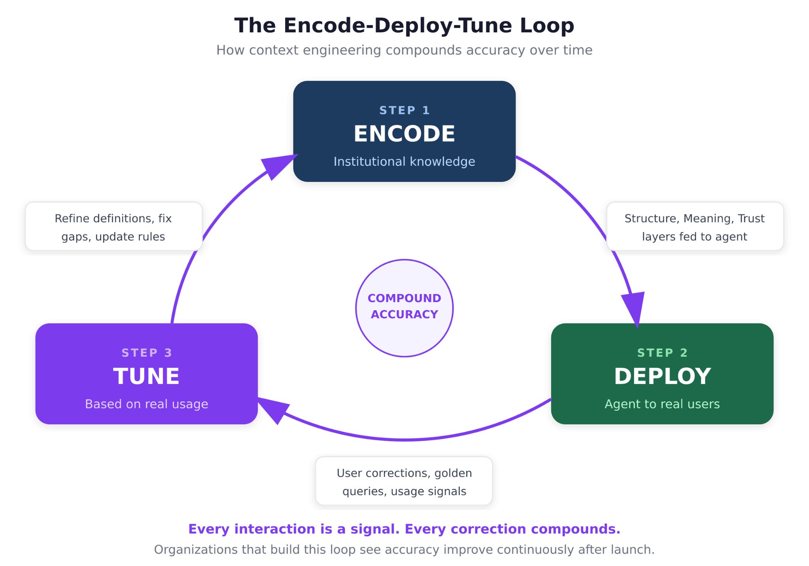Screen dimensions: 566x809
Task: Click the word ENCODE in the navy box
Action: coord(404,134)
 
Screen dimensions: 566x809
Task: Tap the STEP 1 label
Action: coord(404,110)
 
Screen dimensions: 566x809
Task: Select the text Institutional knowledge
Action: coord(404,161)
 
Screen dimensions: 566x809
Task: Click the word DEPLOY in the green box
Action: coord(662,376)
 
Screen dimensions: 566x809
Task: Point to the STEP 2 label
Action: coord(662,352)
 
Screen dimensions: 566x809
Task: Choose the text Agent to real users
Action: coord(662,404)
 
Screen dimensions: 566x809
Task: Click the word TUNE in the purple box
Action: coord(146,376)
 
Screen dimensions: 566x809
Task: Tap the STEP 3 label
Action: coord(147,352)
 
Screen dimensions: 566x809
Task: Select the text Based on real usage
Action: coord(146,404)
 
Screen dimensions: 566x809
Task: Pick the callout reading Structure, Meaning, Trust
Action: coord(694,227)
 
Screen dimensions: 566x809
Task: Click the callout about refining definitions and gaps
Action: coord(113,227)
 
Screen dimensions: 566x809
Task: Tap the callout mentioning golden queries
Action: coord(404,481)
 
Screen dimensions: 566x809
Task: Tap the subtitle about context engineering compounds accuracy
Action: coord(404,51)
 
